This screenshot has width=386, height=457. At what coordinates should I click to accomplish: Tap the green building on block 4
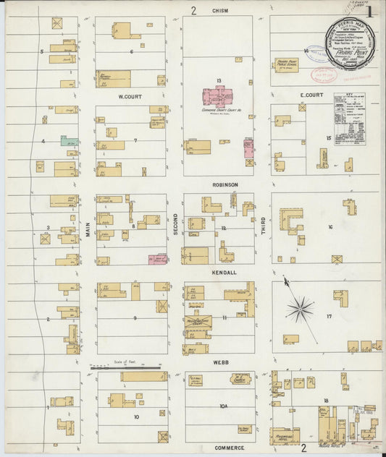pyautogui.click(x=70, y=141)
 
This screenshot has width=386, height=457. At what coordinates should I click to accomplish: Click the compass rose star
pyautogui.click(x=299, y=309)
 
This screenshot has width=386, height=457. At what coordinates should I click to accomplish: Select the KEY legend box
pyautogui.click(x=350, y=113)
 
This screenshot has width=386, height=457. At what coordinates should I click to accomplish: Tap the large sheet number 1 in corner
pyautogui.click(x=370, y=12)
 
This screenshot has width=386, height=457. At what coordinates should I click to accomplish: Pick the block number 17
pyautogui.click(x=329, y=316)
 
